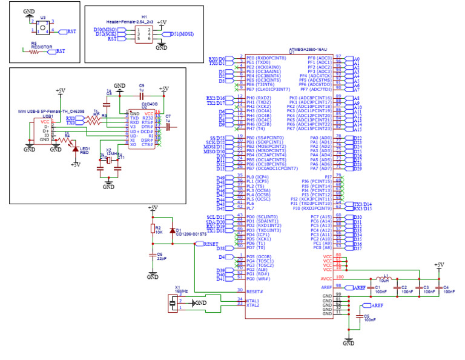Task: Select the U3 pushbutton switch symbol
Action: click(43, 27)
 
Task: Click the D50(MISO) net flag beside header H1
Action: click(107, 29)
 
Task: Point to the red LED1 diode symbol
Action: click(75, 148)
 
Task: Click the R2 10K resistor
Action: click(152, 230)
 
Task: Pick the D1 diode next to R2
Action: click(173, 230)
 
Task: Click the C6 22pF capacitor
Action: click(152, 256)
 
